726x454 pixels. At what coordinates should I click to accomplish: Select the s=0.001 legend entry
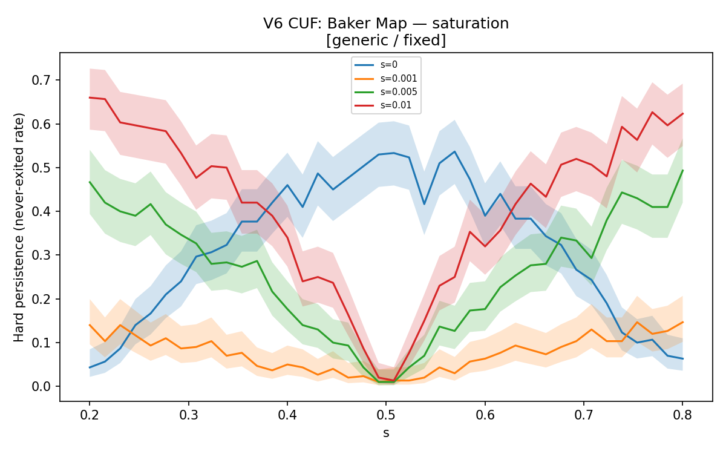coord(386,79)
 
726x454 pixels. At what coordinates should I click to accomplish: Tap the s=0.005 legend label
coord(399,92)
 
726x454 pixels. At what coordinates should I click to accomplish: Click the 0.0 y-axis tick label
coord(42,387)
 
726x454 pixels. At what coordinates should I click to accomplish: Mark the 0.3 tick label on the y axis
coord(42,255)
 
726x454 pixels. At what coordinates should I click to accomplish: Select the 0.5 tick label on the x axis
coord(386,415)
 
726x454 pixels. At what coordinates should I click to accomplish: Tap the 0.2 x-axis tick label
coord(90,415)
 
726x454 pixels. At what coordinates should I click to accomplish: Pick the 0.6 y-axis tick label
coord(42,124)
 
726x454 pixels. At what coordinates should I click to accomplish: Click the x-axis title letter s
coord(386,433)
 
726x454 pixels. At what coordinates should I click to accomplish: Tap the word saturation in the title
coord(471,24)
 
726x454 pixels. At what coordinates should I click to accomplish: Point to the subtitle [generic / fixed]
coord(386,41)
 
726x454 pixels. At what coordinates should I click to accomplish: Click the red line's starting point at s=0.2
coord(90,97)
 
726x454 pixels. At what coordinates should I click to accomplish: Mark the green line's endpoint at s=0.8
coord(682,170)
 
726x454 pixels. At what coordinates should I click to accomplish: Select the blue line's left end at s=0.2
coord(90,367)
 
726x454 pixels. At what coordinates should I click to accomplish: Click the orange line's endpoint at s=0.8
coord(682,322)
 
